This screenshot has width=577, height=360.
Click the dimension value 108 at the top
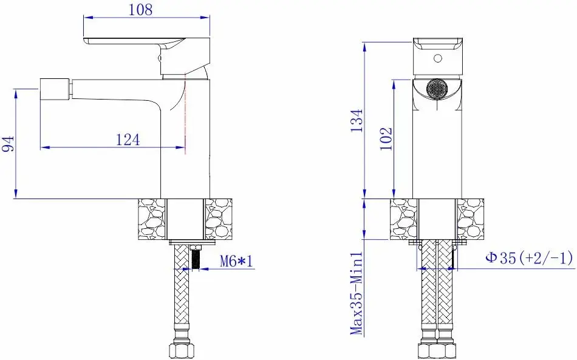(140, 10)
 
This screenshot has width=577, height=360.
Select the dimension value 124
(128, 140)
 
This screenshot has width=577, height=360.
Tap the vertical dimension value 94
(8, 143)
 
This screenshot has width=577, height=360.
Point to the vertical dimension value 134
(356, 121)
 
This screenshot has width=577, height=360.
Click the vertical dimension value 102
(386, 138)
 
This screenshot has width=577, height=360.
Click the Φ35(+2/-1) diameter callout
(529, 258)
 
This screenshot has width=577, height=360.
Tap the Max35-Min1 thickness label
(357, 293)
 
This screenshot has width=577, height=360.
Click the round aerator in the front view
(437, 89)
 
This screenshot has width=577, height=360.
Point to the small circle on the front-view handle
(437, 58)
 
